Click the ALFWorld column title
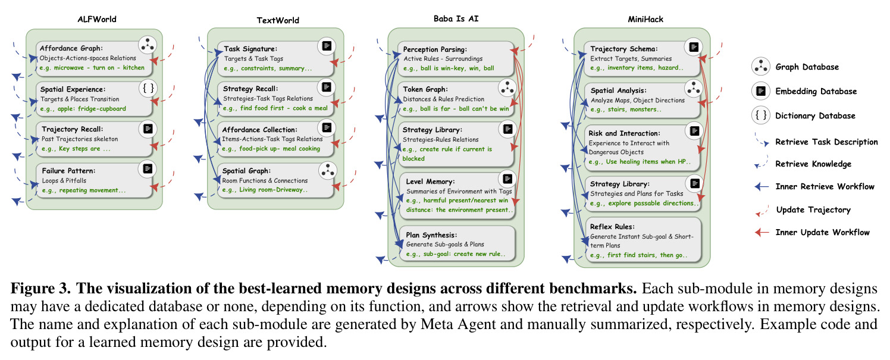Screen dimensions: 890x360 pos(97,19)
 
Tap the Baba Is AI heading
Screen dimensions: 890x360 pos(456,18)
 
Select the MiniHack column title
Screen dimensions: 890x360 pos(645,19)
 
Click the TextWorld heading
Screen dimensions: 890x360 pos(278,20)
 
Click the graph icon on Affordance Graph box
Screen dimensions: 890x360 pos(148,45)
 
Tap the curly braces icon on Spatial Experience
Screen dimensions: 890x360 pos(148,88)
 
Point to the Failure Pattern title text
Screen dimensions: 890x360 pos(68,171)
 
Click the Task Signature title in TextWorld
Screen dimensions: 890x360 pos(250,49)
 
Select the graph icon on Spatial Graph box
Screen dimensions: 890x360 pos(328,170)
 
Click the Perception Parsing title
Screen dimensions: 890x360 pos(435,49)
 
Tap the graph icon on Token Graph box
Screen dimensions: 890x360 pos(507,88)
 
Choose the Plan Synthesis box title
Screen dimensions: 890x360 pos(431,235)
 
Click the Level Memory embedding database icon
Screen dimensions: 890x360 pos(507,179)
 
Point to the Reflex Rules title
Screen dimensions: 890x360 pos(612,227)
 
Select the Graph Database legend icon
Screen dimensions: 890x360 pos(760,67)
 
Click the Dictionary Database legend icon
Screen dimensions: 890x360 pos(760,115)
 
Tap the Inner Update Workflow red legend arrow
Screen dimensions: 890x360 pos(761,232)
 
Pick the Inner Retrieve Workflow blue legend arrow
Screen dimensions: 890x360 pos(761,186)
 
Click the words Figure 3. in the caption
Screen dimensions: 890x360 pos(40,289)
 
